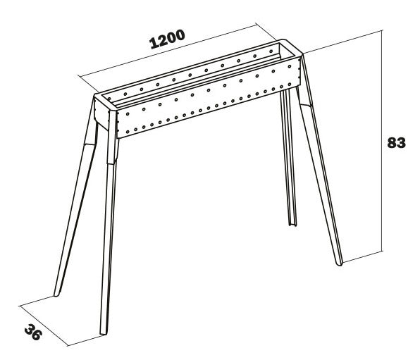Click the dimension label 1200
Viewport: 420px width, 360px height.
[167, 39]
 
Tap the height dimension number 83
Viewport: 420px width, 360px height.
[397, 143]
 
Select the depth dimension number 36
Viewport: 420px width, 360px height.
[33, 332]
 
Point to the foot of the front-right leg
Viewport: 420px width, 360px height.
[340, 264]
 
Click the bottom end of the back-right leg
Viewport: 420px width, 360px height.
[292, 225]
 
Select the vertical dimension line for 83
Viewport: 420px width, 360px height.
[382, 141]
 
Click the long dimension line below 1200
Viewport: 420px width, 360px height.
[168, 51]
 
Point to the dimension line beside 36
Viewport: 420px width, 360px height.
[44, 325]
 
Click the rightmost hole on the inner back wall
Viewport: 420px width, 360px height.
[271, 51]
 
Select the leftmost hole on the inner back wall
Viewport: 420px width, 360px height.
[109, 99]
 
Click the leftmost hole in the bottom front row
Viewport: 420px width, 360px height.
[128, 132]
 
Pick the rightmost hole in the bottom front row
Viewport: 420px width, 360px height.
[290, 84]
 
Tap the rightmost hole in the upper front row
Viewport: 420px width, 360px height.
[290, 66]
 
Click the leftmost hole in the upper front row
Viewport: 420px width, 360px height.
[128, 114]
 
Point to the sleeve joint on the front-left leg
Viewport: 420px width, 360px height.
[112, 162]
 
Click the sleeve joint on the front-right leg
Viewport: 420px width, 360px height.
[306, 105]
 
